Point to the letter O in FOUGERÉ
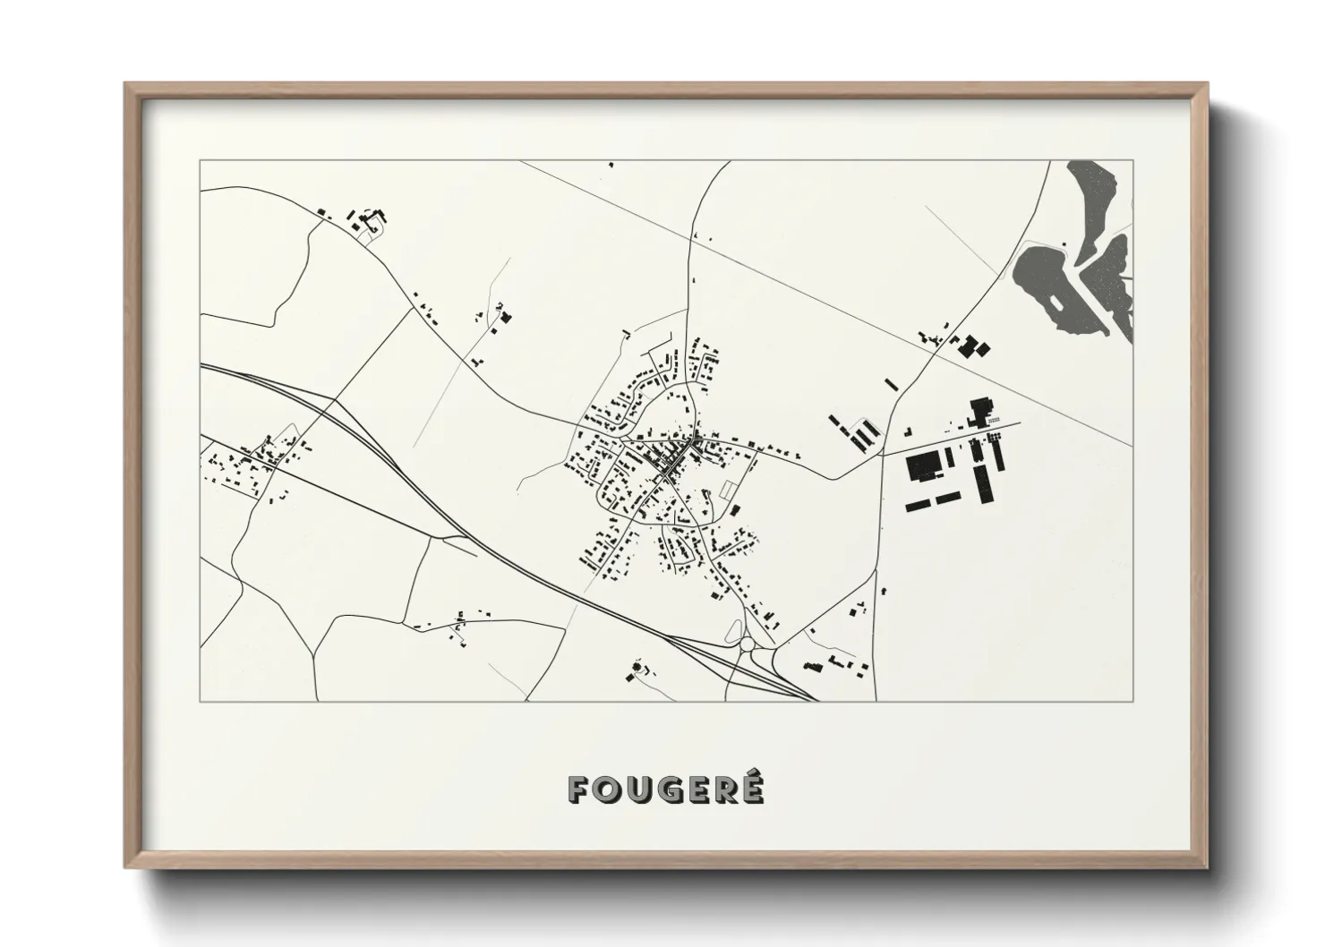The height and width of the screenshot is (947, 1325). pos(607,789)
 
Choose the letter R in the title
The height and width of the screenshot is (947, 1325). pos(724,789)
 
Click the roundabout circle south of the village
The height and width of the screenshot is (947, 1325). pos(748,644)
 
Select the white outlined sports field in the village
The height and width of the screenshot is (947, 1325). pos(730,489)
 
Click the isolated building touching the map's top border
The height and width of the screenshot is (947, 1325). pos(611,165)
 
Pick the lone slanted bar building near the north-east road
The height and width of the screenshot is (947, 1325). pos(891,384)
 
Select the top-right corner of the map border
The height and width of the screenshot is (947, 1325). pos(1133,161)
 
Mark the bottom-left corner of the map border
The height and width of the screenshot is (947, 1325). pos(201,701)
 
